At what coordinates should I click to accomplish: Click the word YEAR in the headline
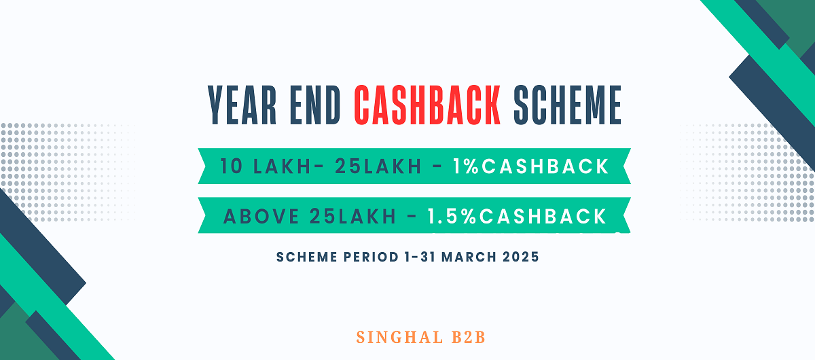(242, 105)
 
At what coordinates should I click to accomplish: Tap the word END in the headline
(315, 105)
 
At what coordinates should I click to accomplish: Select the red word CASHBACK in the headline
(427, 105)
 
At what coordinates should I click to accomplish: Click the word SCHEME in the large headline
(567, 105)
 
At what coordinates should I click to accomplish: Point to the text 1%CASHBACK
(531, 166)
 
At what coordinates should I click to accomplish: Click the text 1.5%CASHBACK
(517, 216)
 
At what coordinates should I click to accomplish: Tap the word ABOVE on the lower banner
(261, 216)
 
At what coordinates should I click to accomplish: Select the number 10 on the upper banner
(231, 166)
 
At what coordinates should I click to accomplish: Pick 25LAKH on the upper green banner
(378, 166)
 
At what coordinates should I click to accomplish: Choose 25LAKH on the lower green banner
(353, 216)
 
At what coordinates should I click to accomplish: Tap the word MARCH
(469, 257)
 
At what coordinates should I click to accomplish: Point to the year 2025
(521, 257)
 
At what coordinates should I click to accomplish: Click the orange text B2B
(469, 338)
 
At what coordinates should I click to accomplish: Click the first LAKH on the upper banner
(282, 166)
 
